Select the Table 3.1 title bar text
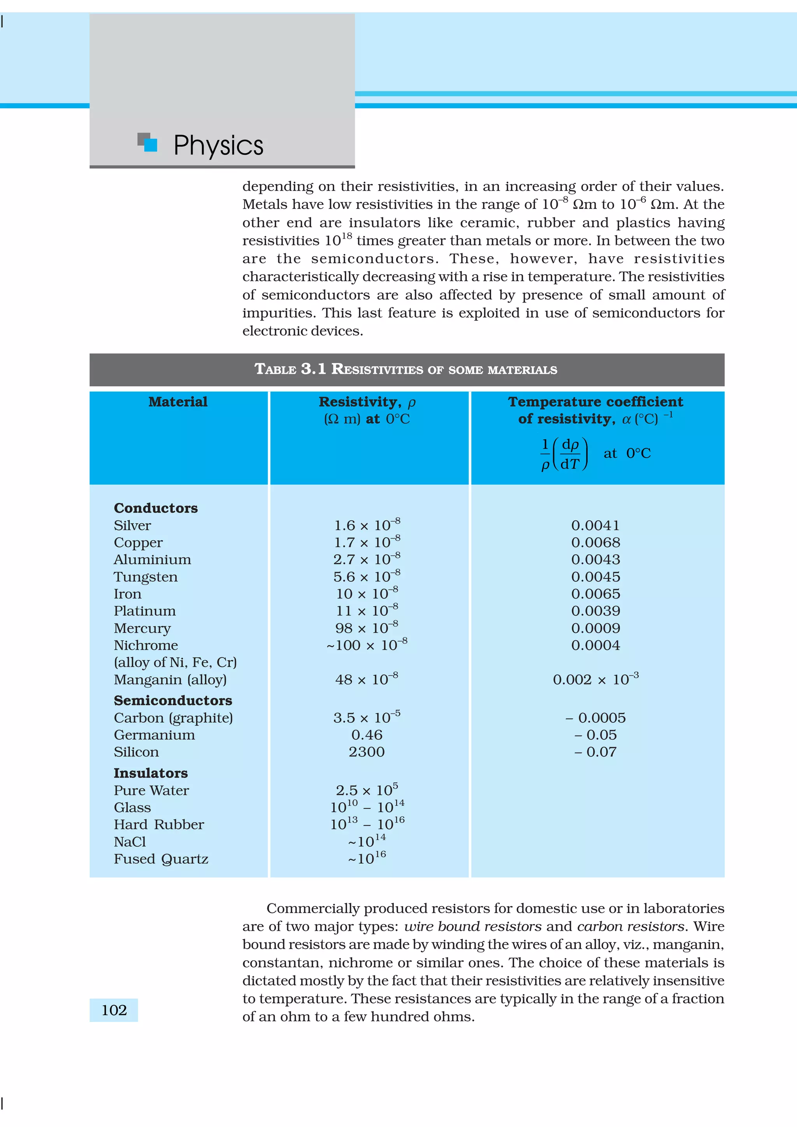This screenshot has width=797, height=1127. click(x=406, y=369)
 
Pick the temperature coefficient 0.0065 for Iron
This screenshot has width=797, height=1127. click(x=595, y=593)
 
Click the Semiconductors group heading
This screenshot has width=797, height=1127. click(x=173, y=700)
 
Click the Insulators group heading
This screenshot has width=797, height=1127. click(x=150, y=773)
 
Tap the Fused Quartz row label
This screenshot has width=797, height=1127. click(x=161, y=859)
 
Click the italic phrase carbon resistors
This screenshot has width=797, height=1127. click(x=630, y=926)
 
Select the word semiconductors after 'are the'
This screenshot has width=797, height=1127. click(x=373, y=259)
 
